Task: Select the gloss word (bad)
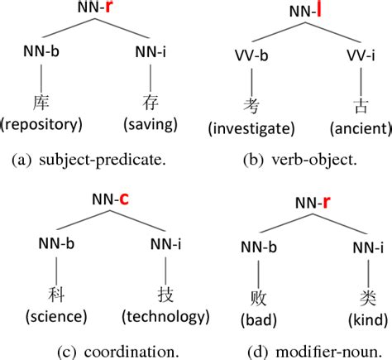(x=256, y=319)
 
